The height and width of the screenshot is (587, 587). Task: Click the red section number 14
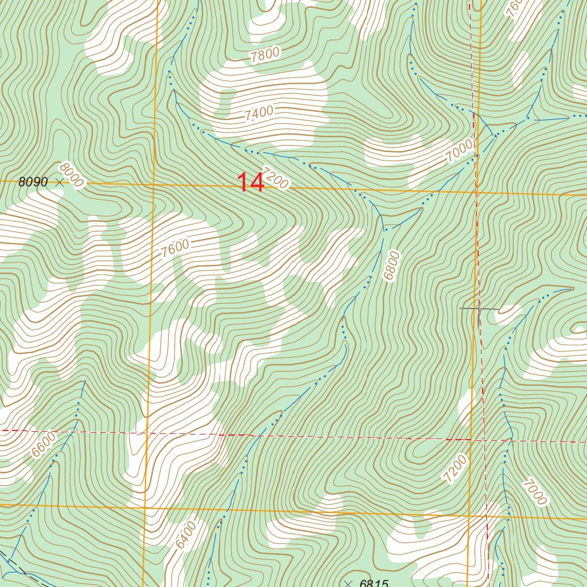pyautogui.click(x=251, y=182)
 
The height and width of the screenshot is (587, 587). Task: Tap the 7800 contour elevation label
pyautogui.click(x=265, y=55)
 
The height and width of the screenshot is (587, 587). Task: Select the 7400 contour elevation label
pyautogui.click(x=259, y=114)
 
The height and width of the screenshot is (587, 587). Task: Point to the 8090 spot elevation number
pyautogui.click(x=33, y=182)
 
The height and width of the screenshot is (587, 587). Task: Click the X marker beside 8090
pyautogui.click(x=60, y=182)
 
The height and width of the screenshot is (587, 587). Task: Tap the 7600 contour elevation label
pyautogui.click(x=175, y=249)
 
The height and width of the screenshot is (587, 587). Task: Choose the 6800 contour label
pyautogui.click(x=392, y=265)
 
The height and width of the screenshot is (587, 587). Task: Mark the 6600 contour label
pyautogui.click(x=44, y=444)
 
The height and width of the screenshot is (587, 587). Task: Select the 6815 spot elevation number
pyautogui.click(x=374, y=584)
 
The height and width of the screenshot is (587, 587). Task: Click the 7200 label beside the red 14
pyautogui.click(x=275, y=178)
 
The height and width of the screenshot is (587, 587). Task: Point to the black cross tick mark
pyautogui.click(x=479, y=308)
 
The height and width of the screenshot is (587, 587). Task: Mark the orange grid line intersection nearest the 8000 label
pyautogui.click(x=155, y=185)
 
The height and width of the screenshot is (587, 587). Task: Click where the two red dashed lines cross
pyautogui.click(x=484, y=440)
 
